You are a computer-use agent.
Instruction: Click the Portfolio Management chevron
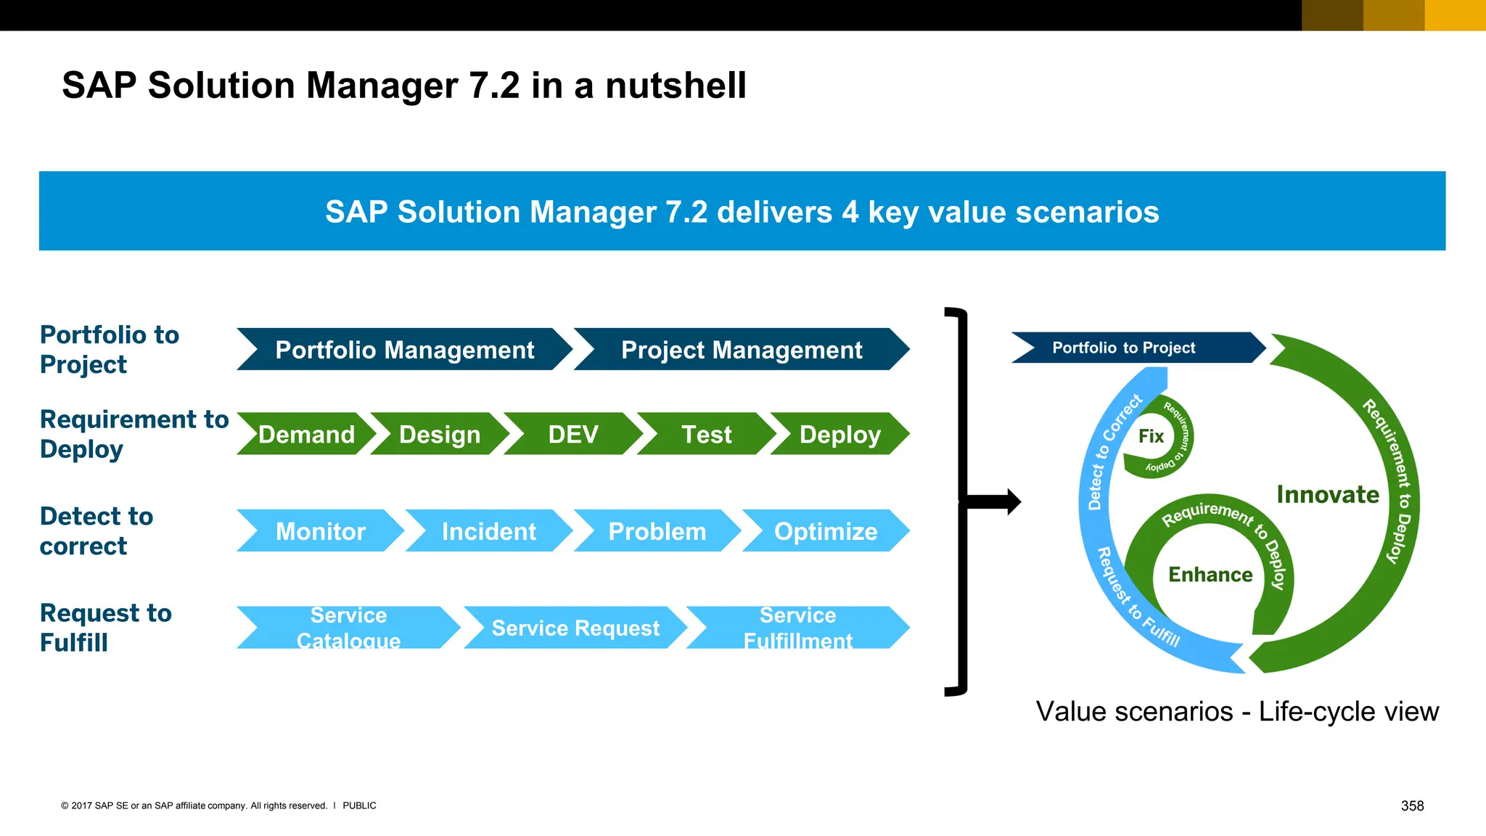point(405,350)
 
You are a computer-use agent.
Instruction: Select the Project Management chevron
point(742,350)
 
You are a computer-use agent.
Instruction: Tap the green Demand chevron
point(306,434)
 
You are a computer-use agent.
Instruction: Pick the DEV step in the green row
point(573,434)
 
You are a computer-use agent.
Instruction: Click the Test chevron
point(706,434)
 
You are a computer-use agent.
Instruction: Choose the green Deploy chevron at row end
point(840,434)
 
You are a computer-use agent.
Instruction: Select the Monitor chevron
point(320,531)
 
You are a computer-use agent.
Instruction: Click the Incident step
point(488,531)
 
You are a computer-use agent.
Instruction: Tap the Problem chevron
point(657,531)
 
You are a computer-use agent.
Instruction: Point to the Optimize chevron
point(826,531)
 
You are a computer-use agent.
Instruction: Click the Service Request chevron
point(575,628)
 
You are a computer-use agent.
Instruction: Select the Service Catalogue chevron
point(348,628)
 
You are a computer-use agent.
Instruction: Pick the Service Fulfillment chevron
point(797,628)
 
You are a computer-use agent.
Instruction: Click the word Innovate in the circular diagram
point(1328,495)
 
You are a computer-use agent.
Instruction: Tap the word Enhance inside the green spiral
point(1210,575)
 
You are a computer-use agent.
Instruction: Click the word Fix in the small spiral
point(1151,436)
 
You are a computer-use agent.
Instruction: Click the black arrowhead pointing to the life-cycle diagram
point(1012,501)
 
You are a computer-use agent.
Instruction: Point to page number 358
point(1412,806)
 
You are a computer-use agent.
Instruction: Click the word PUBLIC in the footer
point(359,806)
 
